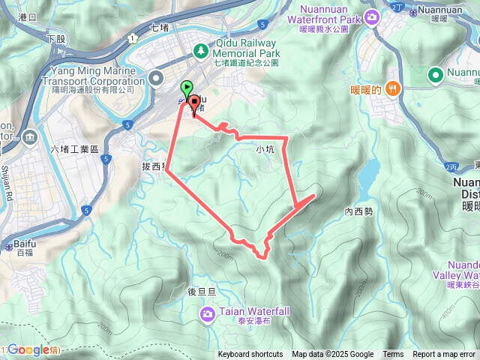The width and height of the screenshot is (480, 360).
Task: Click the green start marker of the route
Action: (x=186, y=88)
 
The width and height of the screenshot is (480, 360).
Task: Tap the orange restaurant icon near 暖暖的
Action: (x=394, y=89)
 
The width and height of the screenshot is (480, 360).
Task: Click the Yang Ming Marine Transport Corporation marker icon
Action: (x=156, y=76)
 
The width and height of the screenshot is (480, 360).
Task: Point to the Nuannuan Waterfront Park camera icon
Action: (x=372, y=17)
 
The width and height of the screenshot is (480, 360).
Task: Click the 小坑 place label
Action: (x=265, y=149)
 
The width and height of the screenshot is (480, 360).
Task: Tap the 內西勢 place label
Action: (x=358, y=191)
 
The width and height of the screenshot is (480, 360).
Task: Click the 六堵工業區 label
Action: (x=74, y=150)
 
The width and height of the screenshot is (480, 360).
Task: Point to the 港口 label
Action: (x=27, y=16)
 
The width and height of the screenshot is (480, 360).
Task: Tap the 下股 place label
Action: (x=55, y=37)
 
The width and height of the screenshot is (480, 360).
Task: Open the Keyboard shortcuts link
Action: (x=250, y=355)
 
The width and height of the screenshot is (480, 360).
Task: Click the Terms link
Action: (x=393, y=355)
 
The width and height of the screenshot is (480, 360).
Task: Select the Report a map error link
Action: (x=444, y=355)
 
